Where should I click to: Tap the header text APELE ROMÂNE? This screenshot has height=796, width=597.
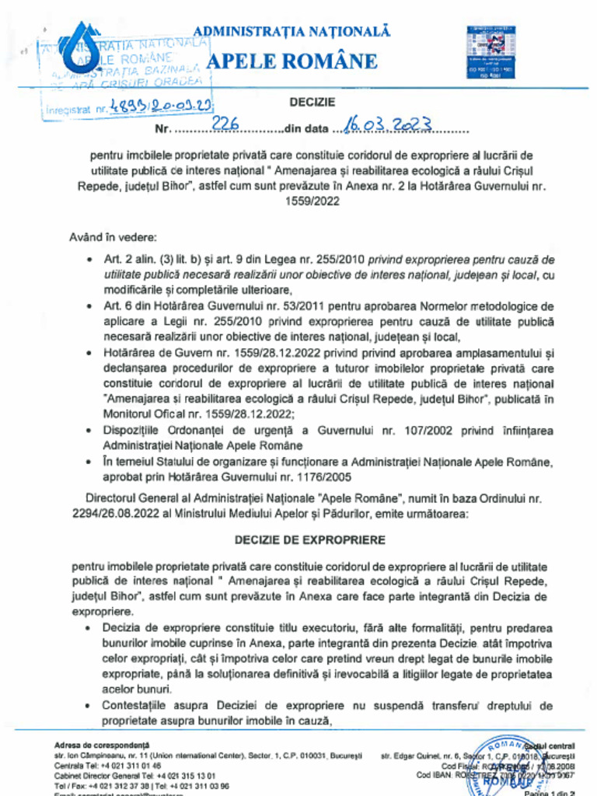282,61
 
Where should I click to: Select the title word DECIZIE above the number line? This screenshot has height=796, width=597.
312,102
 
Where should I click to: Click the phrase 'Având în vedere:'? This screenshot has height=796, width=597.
112,236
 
